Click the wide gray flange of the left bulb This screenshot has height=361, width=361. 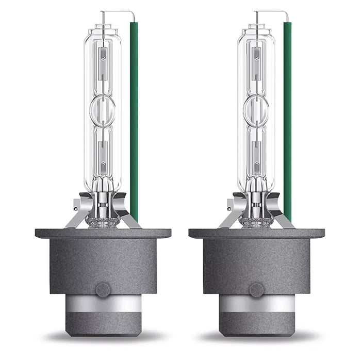tap(103, 233)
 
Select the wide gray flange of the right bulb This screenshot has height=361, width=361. tap(257, 233)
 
